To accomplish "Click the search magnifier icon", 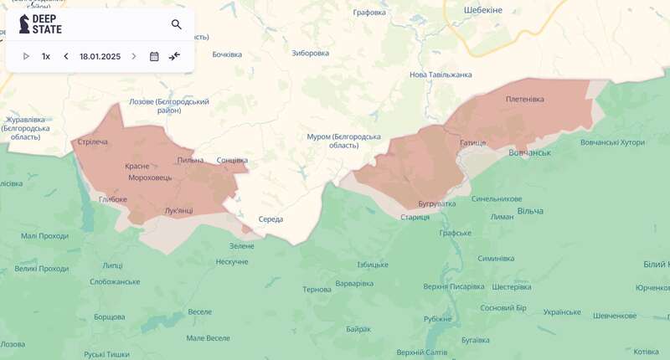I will (176, 25).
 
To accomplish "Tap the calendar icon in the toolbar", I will (154, 56).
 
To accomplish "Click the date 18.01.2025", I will (100, 56).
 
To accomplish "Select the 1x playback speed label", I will (46, 56).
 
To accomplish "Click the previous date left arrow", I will (66, 56).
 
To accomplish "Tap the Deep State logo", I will (40, 24).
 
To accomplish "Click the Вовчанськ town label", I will (529, 152).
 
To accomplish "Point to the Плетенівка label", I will (524, 99).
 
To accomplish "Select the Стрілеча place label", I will (92, 142).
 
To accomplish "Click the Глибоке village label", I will (112, 199).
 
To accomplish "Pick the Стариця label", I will (415, 217).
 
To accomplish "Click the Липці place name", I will (111, 265).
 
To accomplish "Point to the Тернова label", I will (317, 289).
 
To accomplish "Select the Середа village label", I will (271, 219).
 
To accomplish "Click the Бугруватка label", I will (437, 203).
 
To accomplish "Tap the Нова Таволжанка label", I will (441, 75).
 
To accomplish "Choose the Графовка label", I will (369, 13).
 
